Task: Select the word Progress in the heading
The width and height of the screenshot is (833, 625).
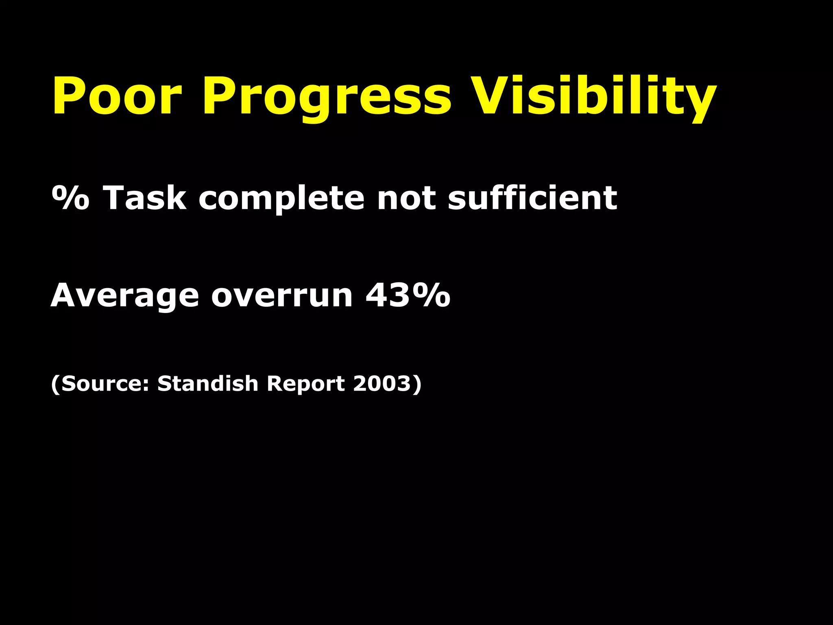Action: click(327, 98)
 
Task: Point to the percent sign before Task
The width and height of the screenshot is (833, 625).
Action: click(70, 198)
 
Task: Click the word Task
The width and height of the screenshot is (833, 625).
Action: click(145, 198)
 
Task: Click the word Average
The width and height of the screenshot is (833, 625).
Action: click(125, 296)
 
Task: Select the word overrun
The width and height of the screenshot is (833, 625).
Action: click(282, 296)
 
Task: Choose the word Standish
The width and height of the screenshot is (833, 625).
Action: click(208, 383)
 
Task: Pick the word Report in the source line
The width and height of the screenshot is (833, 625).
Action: click(305, 384)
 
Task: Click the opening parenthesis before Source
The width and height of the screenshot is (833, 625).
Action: click(56, 384)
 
